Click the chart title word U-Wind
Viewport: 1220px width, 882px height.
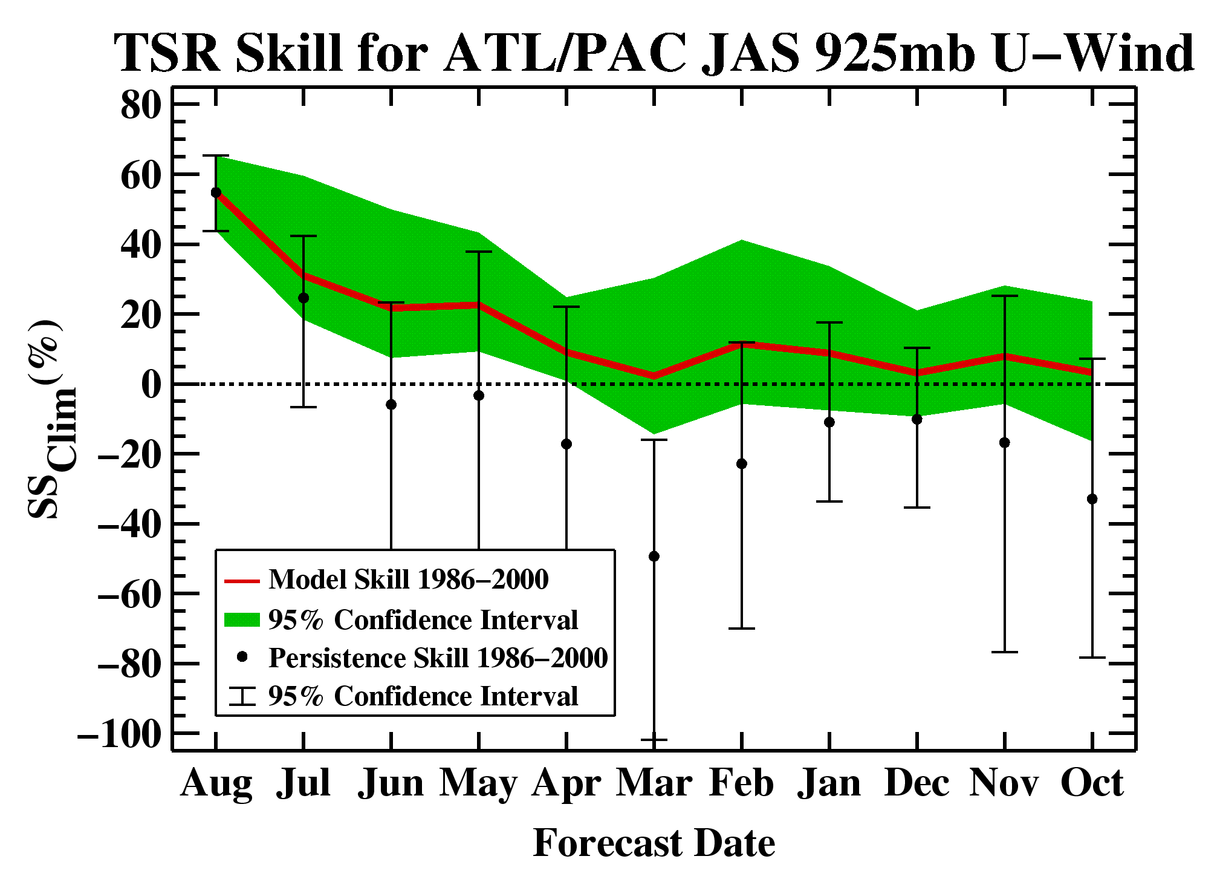click(1092, 53)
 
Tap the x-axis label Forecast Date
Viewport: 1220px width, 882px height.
click(654, 843)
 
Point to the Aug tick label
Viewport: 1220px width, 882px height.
click(216, 785)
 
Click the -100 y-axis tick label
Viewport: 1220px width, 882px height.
click(120, 734)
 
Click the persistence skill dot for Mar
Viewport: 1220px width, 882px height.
click(654, 557)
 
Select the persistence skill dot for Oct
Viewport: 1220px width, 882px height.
click(1092, 499)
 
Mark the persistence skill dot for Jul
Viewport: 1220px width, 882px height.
click(303, 298)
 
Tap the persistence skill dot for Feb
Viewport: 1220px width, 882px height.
click(742, 464)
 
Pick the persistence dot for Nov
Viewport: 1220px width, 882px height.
click(1004, 443)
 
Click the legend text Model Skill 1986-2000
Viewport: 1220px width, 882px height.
click(409, 580)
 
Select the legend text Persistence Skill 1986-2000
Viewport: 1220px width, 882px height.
click(438, 658)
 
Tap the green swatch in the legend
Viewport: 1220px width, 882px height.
click(242, 619)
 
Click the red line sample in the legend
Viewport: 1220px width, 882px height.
click(242, 581)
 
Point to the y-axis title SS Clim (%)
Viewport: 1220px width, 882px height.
click(51, 419)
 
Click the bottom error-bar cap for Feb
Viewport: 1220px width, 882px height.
click(742, 629)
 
